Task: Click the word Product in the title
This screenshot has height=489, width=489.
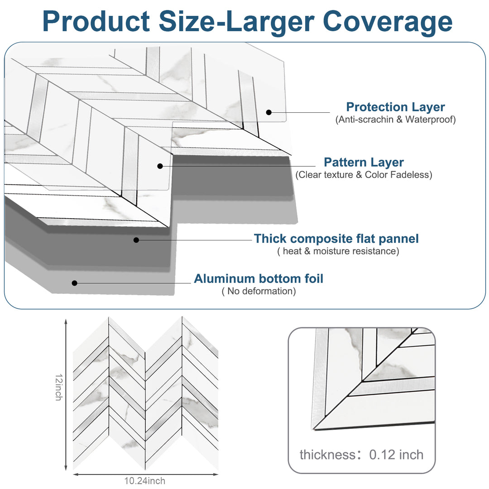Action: [96, 21]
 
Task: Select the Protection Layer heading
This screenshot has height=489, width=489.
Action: [395, 107]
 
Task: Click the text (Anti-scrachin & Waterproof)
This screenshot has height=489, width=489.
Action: [395, 120]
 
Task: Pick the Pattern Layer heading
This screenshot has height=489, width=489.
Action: [364, 162]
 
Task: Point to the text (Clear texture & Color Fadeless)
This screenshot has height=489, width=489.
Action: [364, 175]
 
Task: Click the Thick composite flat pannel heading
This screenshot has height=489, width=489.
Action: [336, 239]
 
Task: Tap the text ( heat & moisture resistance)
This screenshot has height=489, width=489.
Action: [338, 251]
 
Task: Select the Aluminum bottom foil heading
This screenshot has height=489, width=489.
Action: [259, 278]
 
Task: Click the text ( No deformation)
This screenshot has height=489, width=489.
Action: [259, 291]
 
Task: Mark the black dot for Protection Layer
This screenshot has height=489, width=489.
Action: [268, 112]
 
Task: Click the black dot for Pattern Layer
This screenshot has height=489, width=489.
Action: [160, 166]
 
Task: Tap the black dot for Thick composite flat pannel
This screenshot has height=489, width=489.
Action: [136, 240]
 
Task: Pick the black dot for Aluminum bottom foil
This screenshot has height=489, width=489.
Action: [75, 283]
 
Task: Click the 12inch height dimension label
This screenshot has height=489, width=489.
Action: [58, 387]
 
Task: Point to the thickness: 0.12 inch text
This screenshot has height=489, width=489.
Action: [361, 455]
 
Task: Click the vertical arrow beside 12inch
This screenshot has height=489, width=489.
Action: [67, 394]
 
